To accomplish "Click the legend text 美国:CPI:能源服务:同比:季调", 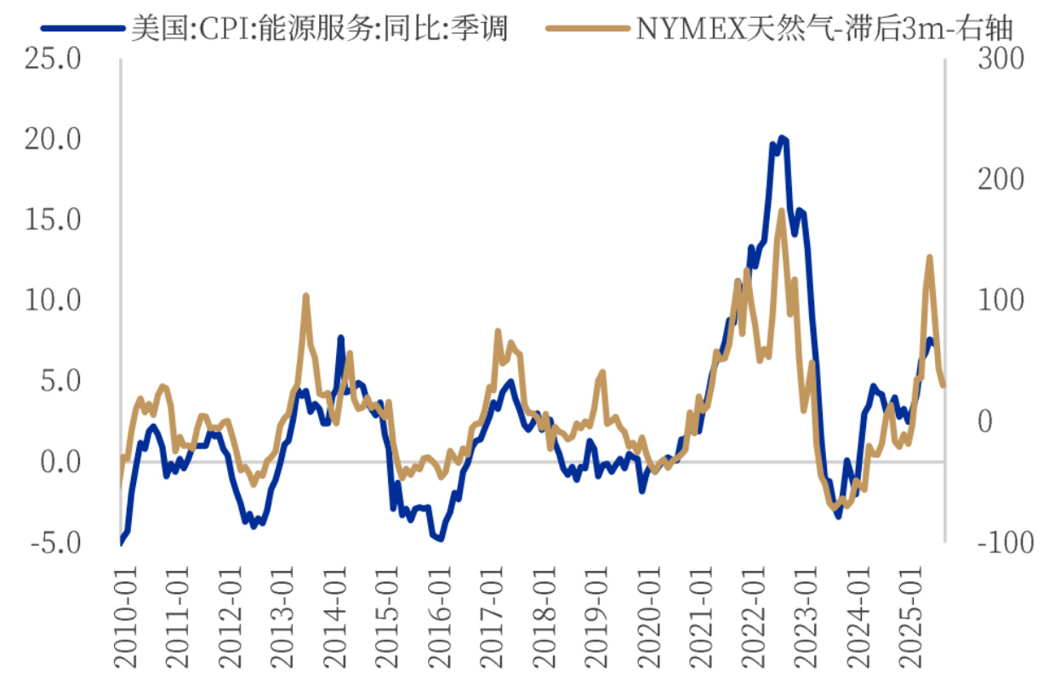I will pos(319,30).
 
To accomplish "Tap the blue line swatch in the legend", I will pos(81,30).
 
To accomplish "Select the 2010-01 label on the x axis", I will pos(127,608).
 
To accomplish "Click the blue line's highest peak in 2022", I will pos(782,138).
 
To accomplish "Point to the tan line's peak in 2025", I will pos(929,257).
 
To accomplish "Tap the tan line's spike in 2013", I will pos(305,296).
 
